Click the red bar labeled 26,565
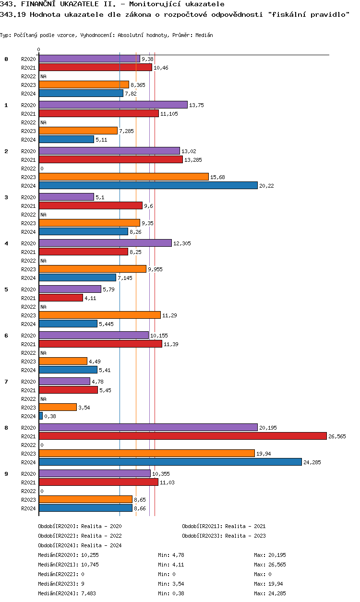[x=182, y=436]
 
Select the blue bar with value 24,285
[x=170, y=462]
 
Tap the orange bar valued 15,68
[x=123, y=177]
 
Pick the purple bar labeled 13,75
[x=113, y=105]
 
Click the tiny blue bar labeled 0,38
[x=41, y=416]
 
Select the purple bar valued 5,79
[x=70, y=289]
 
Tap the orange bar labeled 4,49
[x=63, y=361]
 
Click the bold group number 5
[x=6, y=289]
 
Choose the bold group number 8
[x=6, y=428]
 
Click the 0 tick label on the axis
[x=39, y=49]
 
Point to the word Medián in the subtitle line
[x=204, y=36]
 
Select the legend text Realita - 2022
[x=101, y=536]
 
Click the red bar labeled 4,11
[x=60, y=298]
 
